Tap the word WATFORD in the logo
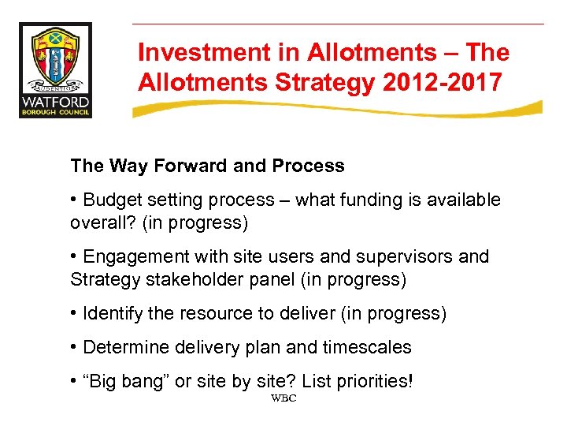(x=55, y=103)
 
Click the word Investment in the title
(x=191, y=53)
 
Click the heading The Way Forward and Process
(x=207, y=166)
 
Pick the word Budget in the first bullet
(x=110, y=200)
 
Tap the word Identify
(x=112, y=314)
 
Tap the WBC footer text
(x=283, y=398)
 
